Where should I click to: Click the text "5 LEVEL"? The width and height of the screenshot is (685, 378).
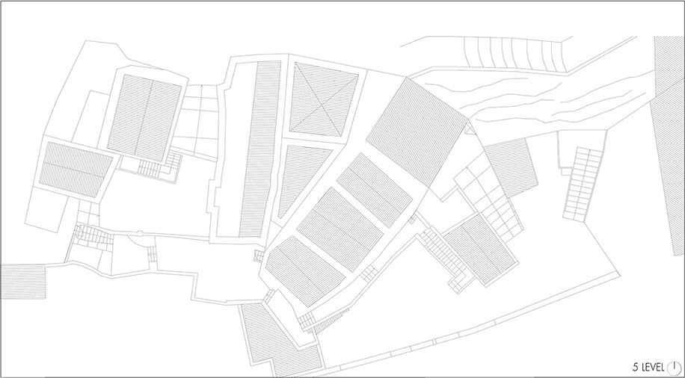point(648,367)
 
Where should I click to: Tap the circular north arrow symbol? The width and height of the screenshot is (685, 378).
point(674,367)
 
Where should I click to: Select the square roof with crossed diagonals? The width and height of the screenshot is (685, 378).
point(324,99)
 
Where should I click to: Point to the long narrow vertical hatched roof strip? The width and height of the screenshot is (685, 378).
point(260,149)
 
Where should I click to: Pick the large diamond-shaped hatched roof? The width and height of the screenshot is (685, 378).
point(417,131)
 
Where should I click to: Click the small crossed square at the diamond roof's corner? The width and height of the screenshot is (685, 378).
point(469,128)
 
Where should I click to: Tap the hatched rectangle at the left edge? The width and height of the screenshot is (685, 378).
point(23,282)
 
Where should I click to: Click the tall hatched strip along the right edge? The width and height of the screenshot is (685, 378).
point(669,144)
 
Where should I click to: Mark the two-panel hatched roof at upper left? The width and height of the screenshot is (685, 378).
point(144,118)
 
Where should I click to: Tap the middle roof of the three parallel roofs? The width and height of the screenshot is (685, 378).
point(340,229)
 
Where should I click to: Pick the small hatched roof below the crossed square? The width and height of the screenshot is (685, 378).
point(511,168)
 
